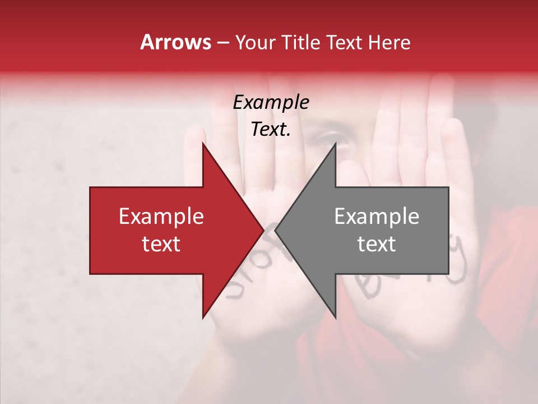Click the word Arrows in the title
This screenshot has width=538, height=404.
pos(176,42)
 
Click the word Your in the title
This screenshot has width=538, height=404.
pos(256,43)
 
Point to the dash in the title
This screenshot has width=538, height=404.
pos(222,43)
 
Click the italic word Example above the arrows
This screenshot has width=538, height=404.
pos(271,103)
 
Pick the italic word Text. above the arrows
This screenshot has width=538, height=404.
pos(271,130)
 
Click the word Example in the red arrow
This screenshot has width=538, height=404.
pos(161,217)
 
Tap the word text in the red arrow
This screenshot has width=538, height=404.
pos(161,244)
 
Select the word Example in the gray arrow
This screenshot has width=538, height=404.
pos(377,217)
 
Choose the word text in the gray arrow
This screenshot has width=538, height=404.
pos(377,244)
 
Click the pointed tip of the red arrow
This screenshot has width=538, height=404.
pos(263,231)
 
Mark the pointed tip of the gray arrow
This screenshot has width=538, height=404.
pos(275,231)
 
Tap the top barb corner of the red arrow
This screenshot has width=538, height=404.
pos(202,143)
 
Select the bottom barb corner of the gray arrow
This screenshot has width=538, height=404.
pos(336,318)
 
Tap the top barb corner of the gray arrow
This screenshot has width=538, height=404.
pos(336,143)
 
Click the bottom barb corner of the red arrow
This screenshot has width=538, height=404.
pos(202,318)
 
